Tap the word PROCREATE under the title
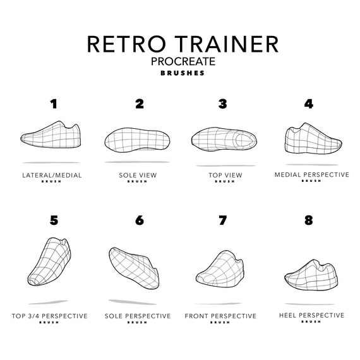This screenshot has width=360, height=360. tap(183, 61)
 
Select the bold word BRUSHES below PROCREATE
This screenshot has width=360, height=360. tap(183, 73)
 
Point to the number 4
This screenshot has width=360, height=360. tap(308, 104)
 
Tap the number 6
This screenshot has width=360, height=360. tap(139, 220)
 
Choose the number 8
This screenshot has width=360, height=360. tap(308, 220)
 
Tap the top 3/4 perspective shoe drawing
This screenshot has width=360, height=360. tap(51, 262)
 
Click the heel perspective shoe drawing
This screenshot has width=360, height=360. tap(311, 272)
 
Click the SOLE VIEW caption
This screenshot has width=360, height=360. tap(139, 175)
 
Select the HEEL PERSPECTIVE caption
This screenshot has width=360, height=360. tap(311, 315)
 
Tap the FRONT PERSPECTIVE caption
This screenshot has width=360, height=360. tap(220, 315)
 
